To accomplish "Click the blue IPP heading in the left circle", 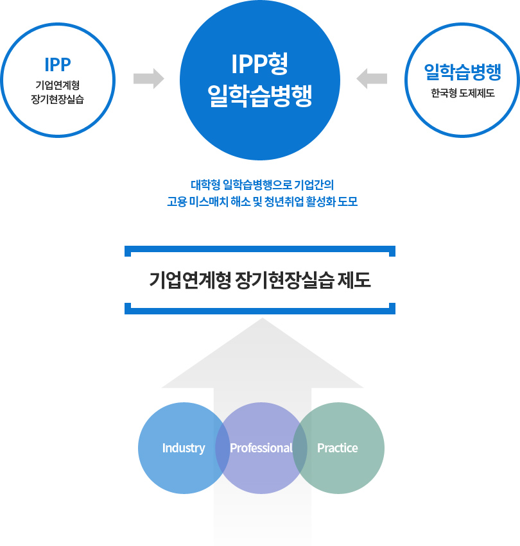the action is pos(58,65).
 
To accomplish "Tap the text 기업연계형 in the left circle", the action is pos(58,85).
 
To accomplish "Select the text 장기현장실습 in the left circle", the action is pos(58,99).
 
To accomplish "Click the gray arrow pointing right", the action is pos(148,79).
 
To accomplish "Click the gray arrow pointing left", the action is pos(372,79).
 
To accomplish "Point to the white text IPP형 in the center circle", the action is pos(259,64).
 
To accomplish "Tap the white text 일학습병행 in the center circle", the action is pos(259,95).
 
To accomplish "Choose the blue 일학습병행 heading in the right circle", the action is pos(462,72).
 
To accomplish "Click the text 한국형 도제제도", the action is pos(462,93).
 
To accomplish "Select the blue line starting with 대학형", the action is pos(262,185).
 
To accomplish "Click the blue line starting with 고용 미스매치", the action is pos(262,201).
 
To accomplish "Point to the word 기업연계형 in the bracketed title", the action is pos(189,280).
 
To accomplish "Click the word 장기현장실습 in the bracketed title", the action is pos(284,280).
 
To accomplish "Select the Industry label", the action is pos(184,448).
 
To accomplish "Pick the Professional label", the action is pos(261,448).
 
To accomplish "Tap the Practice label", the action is pos(338,448).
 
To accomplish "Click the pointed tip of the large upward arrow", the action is pos(263,318).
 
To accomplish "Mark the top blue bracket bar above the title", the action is pos(260,250).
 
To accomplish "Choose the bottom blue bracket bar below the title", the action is pos(260,311).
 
